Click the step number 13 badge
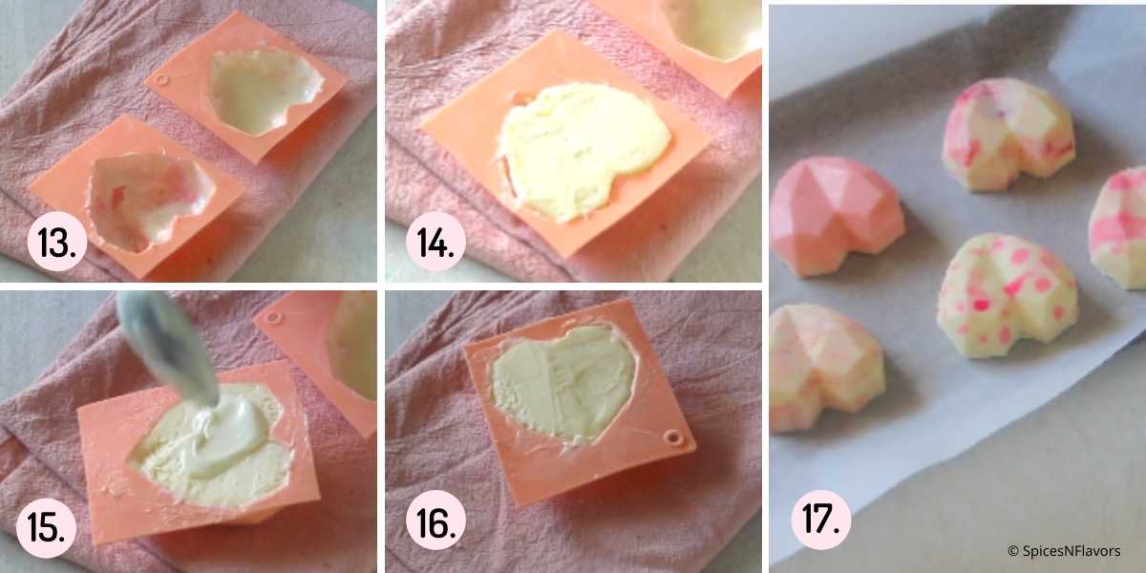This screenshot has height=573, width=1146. click(56, 241)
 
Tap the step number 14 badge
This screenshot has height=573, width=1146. click(435, 241)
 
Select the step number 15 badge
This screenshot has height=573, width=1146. click(46, 527)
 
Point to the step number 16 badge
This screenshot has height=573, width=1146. click(435, 520)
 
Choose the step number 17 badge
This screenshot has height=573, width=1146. click(821, 520)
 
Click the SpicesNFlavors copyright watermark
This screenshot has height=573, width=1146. click(1064, 551)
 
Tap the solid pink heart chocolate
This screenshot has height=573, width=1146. click(837, 216)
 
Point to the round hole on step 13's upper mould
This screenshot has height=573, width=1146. click(161, 80)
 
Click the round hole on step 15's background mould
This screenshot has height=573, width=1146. click(274, 318)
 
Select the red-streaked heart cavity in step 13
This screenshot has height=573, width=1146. click(148, 202)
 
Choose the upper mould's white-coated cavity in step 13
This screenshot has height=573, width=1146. click(264, 90)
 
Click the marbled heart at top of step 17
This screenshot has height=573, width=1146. click(1008, 134)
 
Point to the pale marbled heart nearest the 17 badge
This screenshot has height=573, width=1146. click(826, 368)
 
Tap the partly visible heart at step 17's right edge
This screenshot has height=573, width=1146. click(1118, 227)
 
